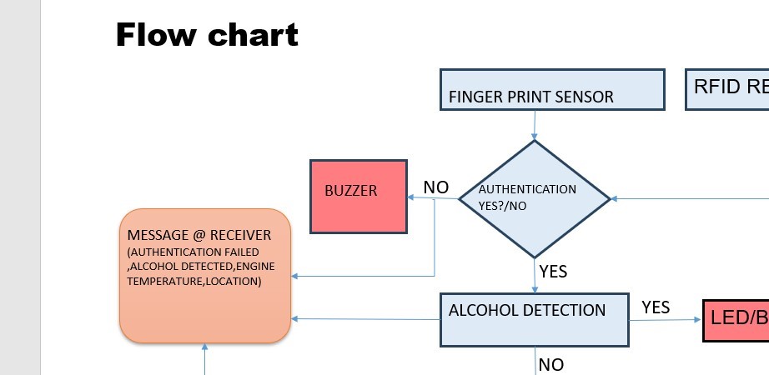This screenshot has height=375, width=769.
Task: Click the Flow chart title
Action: coord(206,35)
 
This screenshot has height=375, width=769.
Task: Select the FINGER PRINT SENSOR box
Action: coord(552,89)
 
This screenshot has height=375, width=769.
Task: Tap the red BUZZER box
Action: coord(358,197)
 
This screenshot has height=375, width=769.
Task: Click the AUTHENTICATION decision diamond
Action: coord(534,198)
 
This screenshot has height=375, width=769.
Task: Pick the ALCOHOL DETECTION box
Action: coord(534,319)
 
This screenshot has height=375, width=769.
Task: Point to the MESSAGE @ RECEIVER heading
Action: coord(199,236)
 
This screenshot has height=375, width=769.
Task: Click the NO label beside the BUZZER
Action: coord(436,187)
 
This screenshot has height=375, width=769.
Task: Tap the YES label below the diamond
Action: coord(553,272)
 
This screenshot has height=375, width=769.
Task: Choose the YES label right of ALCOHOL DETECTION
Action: coord(656,307)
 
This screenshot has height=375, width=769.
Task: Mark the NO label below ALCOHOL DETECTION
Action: coord(551,364)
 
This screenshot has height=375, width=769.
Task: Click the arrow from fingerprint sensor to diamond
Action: coord(534,125)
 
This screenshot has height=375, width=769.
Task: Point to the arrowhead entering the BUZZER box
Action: coord(411,197)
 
